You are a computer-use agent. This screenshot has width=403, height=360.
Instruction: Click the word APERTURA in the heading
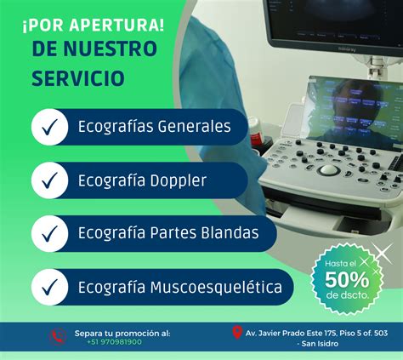pos(116,26)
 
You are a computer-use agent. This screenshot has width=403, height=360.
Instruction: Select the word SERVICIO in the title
pos(78,78)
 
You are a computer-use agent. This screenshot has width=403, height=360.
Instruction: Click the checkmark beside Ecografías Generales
pos(49,127)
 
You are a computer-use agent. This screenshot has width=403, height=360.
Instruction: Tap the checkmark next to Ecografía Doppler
pos(49,180)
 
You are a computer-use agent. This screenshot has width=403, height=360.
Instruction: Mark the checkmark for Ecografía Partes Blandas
pos(49,233)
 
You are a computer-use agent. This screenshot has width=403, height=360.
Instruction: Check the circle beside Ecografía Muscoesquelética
pos(49,287)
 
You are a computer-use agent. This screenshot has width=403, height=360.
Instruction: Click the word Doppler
pos(178,181)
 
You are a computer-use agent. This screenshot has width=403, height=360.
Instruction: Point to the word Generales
pos(194,127)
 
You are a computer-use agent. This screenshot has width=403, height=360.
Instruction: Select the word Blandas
pos(230,232)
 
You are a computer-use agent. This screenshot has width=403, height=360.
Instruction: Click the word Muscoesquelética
pos(216,287)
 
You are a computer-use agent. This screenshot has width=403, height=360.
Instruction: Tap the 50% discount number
pos(347,280)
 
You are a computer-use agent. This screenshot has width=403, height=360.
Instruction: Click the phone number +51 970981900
pos(114,342)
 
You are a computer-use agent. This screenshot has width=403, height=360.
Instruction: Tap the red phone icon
pos(58,337)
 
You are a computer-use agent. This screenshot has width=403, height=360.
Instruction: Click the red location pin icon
pos(237,333)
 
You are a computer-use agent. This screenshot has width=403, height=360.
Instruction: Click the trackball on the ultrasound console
pos(329,170)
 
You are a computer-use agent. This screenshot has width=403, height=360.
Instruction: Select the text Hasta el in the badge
pos(340,264)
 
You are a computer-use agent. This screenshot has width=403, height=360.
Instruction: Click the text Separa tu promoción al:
pos(122,334)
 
